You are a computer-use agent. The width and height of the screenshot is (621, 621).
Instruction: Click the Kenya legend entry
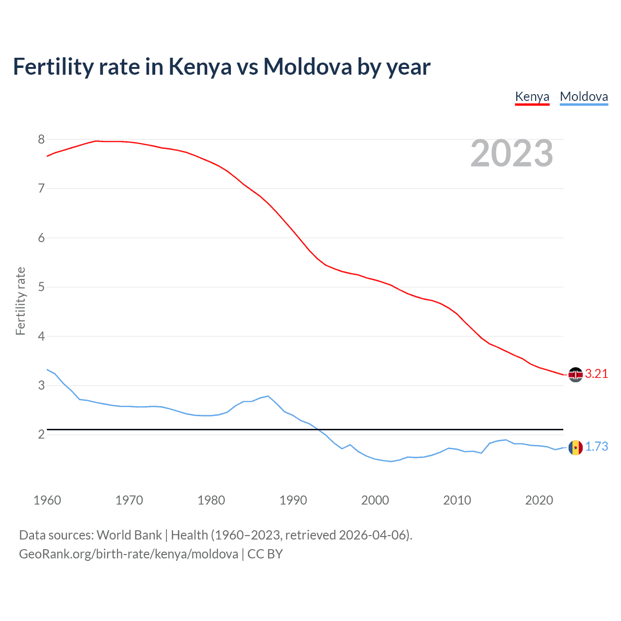pos(532,97)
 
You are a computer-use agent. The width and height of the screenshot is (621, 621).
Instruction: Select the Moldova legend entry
pos(584,97)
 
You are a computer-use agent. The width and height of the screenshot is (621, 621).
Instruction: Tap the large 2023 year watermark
pos(512,153)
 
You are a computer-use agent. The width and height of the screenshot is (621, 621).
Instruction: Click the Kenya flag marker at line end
pos(575,375)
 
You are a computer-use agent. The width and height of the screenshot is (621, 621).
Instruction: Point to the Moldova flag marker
pos(575,447)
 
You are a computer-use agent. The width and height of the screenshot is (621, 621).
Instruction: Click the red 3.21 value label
pos(596,374)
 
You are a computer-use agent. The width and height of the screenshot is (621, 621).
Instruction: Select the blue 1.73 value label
pos(596,446)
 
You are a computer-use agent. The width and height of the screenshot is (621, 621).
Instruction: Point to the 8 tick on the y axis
pos(41,140)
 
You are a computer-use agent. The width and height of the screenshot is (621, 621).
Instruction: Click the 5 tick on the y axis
pos(41,287)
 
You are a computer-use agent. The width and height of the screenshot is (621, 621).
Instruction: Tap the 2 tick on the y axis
pos(41,435)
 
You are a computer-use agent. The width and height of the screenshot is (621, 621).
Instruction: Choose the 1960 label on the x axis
pos(47,500)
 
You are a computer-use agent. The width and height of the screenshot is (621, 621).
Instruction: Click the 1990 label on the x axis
pos(293,500)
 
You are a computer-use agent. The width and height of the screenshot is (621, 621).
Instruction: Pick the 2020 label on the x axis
pos(539,500)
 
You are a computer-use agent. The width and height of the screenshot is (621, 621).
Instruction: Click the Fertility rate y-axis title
pos(20,301)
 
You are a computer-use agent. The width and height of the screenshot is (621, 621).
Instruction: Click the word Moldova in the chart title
pos(308,66)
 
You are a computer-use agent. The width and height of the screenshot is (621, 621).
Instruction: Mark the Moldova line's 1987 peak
pos(268,396)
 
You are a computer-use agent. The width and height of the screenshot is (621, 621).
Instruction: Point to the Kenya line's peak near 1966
pos(96,141)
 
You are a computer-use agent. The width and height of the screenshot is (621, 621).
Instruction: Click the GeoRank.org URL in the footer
pos(129,554)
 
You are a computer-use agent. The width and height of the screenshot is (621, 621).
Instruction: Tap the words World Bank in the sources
pos(129,535)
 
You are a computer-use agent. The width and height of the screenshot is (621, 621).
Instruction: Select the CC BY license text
pos(265,554)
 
